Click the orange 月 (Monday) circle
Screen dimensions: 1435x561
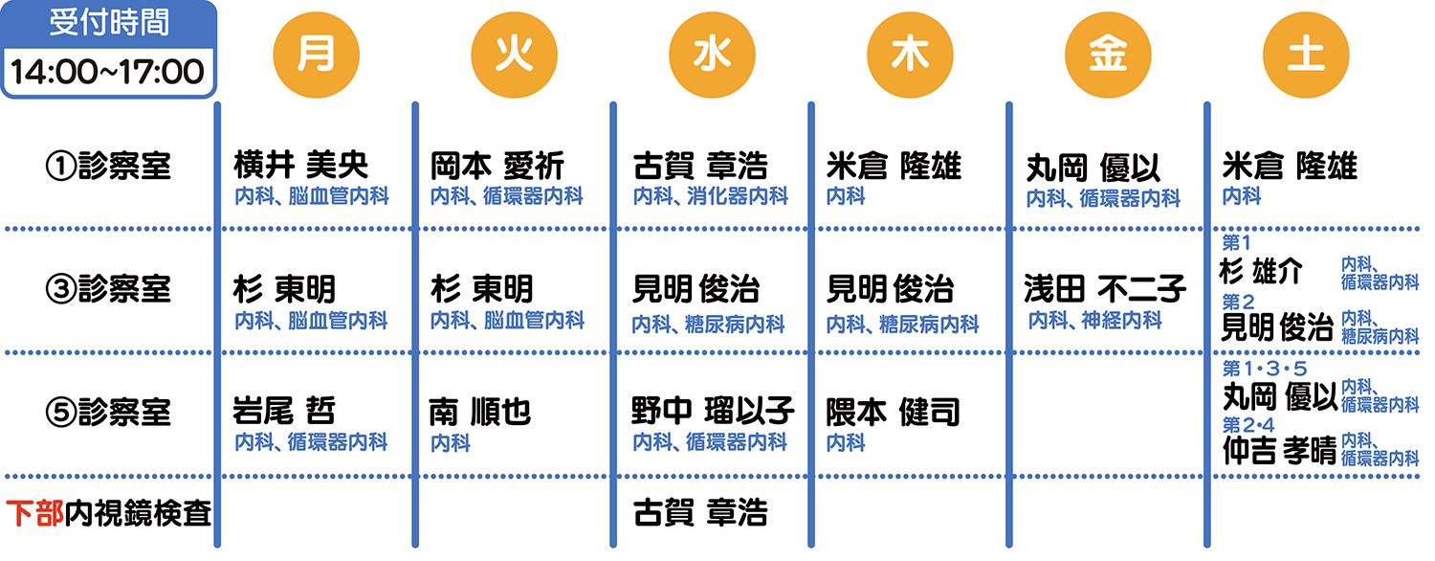[x=316, y=55]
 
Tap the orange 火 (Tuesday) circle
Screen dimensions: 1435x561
[x=514, y=55]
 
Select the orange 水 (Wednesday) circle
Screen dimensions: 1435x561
[x=712, y=55]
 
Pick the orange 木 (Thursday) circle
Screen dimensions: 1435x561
[x=910, y=55]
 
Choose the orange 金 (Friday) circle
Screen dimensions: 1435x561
[x=1108, y=55]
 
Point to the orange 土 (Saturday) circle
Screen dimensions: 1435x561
[x=1306, y=55]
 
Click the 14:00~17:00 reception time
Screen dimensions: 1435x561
[x=107, y=71]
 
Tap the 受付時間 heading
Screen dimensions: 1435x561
[x=109, y=22]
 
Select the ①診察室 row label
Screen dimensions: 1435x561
[x=108, y=166]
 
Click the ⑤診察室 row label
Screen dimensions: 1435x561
[x=108, y=412]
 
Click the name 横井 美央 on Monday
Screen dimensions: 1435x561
[x=300, y=165]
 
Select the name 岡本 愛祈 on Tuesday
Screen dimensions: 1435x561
[x=497, y=166]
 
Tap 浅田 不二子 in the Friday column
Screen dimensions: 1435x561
[x=1104, y=288]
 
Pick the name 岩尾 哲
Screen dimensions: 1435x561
[x=284, y=411]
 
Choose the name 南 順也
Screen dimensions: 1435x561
[x=480, y=412]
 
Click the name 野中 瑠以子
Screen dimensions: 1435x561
[x=713, y=411]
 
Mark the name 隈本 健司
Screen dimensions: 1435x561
[x=893, y=412]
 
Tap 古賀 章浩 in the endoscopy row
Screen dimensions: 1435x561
[x=700, y=512]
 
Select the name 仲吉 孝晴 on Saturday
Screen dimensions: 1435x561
[x=1279, y=450]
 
